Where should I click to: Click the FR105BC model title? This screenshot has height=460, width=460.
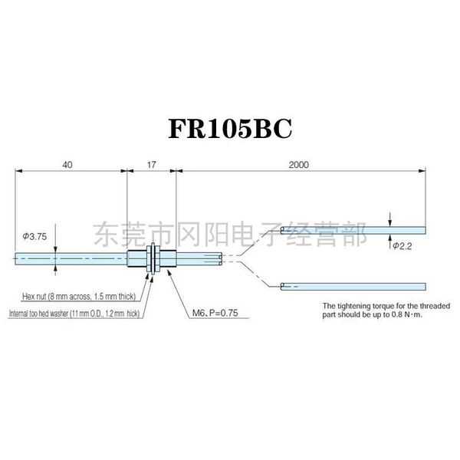230,129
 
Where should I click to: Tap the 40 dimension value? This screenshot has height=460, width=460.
67,165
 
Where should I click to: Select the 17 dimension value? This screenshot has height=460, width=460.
151,165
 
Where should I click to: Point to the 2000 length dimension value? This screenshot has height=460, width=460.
299,165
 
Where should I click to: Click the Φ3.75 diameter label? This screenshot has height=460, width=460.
34,236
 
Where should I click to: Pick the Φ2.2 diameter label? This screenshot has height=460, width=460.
402,246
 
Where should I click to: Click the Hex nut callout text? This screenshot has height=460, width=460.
79,296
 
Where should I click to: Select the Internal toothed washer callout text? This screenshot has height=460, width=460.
74,314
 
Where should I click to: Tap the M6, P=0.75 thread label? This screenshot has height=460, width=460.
215,313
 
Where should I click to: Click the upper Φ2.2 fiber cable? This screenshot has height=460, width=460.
353,230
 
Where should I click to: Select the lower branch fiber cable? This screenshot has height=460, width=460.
353,287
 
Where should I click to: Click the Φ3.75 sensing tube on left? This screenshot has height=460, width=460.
71,259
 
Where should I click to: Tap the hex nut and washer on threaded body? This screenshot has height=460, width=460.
153,258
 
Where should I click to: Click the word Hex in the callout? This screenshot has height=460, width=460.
28,296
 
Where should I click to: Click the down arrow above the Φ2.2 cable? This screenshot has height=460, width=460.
390,219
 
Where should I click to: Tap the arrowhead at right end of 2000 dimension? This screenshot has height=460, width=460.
422,171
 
